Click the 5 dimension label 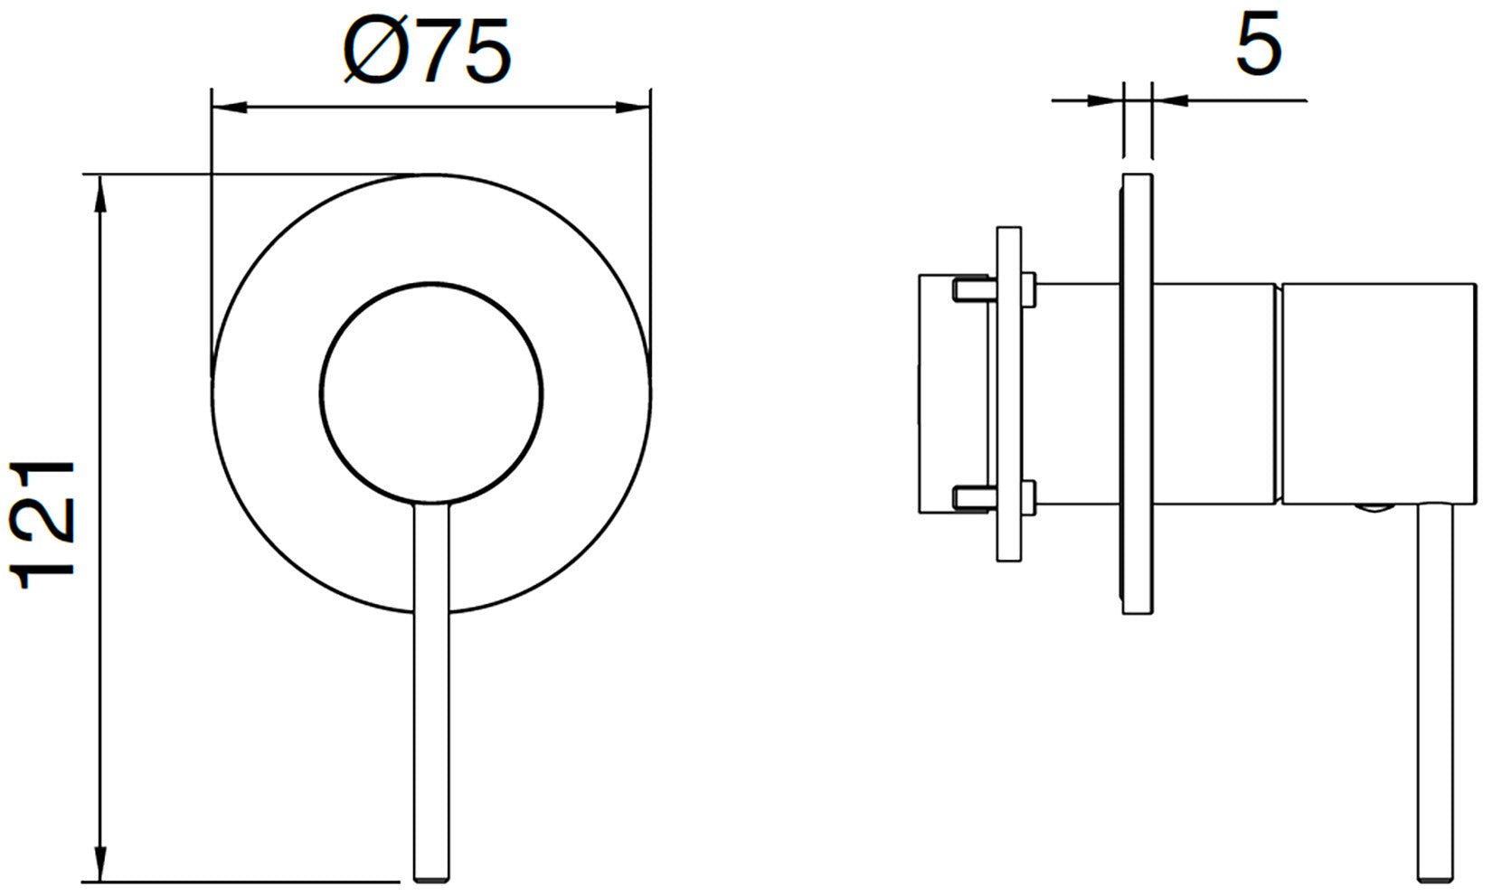1258,45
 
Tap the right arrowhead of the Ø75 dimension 632,108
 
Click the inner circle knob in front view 431,394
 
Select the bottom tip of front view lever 431,874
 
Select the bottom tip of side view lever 1436,874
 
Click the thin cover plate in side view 1138,394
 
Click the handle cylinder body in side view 1376,394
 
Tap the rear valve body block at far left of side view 945,394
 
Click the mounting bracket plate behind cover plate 1009,394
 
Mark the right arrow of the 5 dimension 1170,99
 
